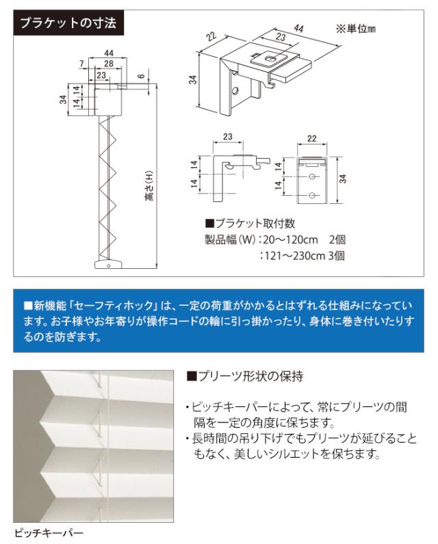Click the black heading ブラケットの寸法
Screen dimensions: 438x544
(68, 23)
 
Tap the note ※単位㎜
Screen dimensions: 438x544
(355, 29)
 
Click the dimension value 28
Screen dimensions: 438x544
(109, 63)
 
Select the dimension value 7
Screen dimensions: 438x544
(82, 64)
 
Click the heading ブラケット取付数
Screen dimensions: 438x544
(250, 223)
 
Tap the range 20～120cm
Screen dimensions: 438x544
(291, 239)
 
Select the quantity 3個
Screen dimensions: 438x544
(336, 256)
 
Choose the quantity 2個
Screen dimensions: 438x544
(337, 239)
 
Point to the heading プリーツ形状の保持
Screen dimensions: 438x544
(245, 376)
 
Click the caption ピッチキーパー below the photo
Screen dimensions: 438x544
(49, 532)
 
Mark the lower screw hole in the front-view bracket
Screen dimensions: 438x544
(312, 196)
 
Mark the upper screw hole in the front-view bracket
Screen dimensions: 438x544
(312, 177)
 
